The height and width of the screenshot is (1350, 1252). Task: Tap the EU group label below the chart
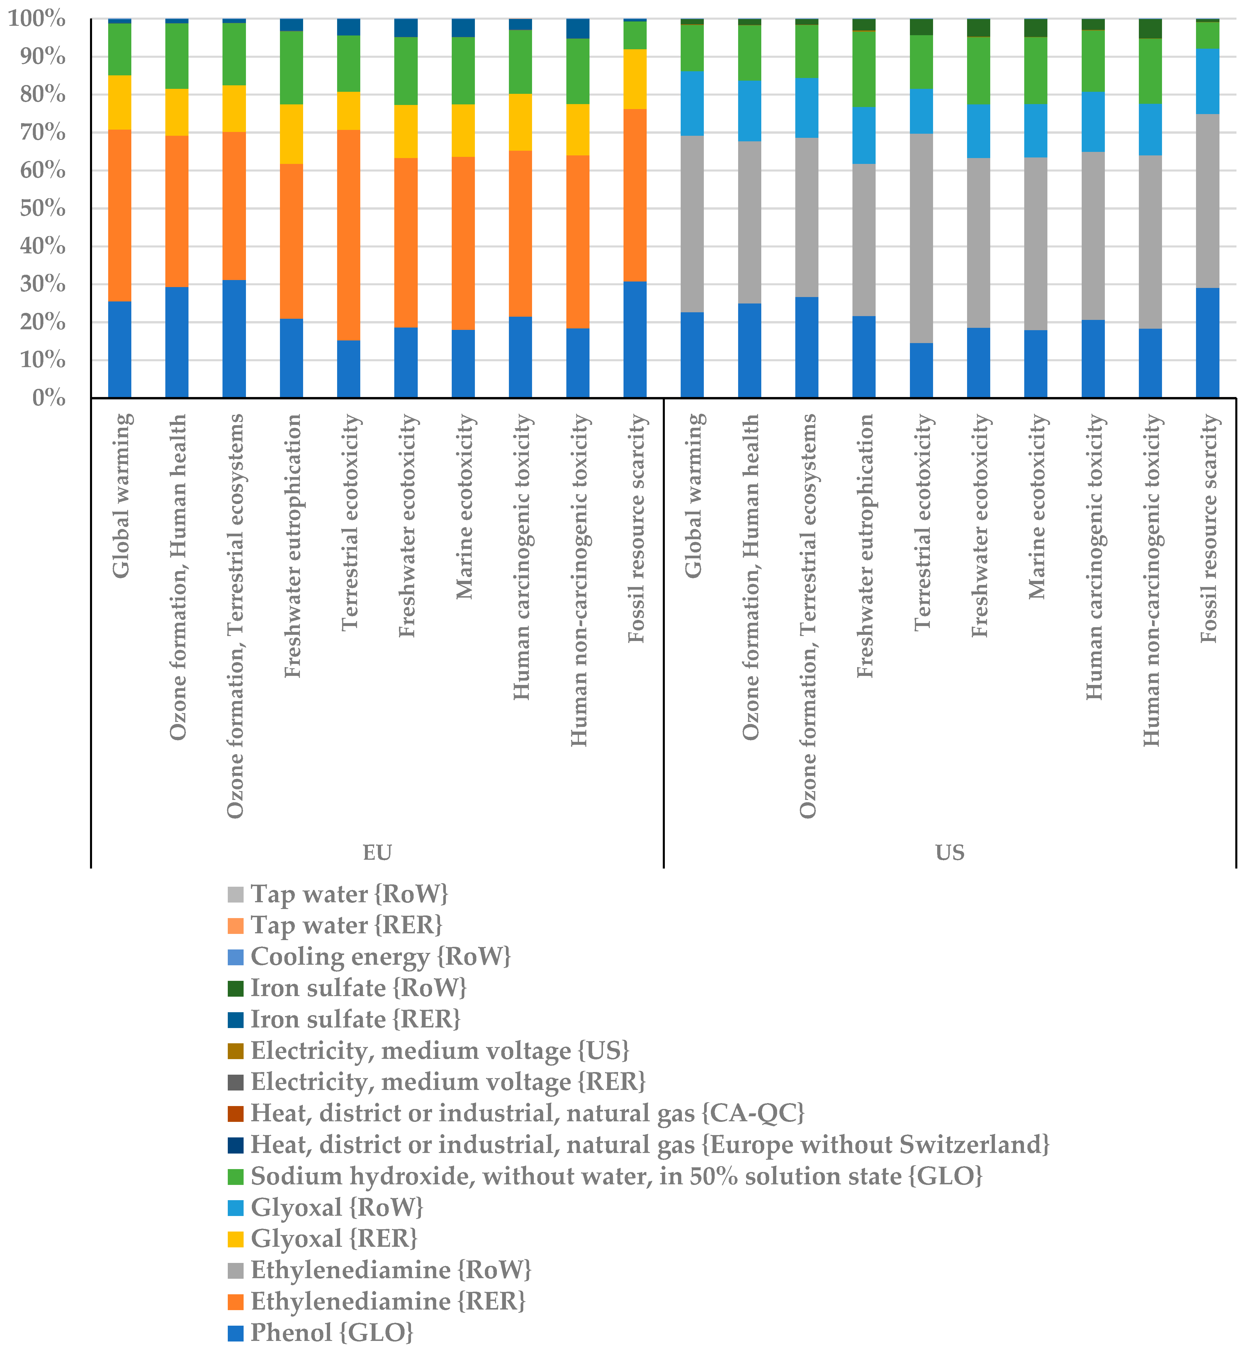pos(377,853)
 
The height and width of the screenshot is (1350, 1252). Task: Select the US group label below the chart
pos(950,853)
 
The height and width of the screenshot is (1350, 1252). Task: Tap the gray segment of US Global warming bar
pos(692,224)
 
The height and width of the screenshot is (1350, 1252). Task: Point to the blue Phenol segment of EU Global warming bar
pos(120,349)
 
